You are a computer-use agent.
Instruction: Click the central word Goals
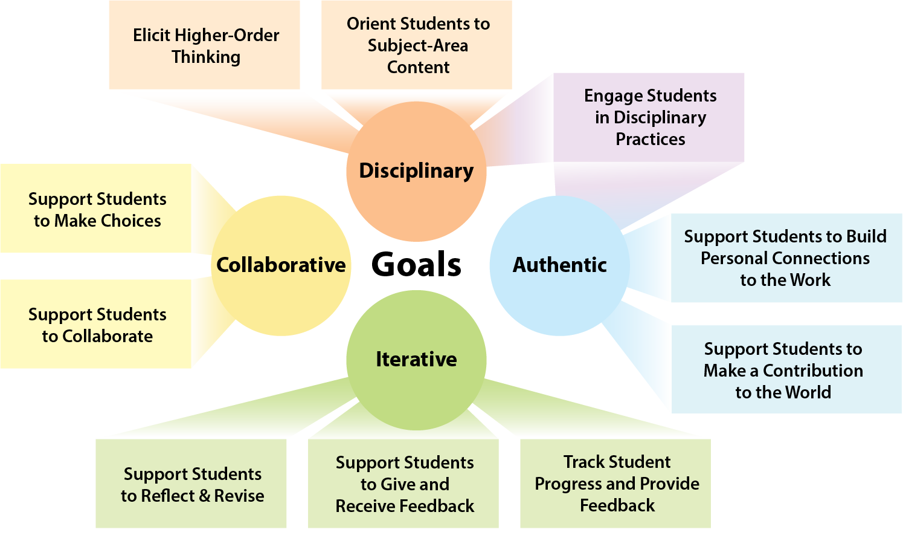pyautogui.click(x=416, y=265)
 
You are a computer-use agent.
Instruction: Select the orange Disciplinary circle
pyautogui.click(x=416, y=171)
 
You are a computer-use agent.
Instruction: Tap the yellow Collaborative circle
pyautogui.click(x=281, y=265)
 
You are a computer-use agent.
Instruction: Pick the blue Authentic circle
pyautogui.click(x=559, y=265)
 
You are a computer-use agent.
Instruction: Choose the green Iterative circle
pyautogui.click(x=416, y=359)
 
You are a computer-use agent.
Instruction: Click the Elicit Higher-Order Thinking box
pyautogui.click(x=205, y=46)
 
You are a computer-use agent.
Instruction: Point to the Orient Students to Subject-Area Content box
pyautogui.click(x=417, y=45)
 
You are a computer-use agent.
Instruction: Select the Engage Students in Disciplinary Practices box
pyautogui.click(x=650, y=117)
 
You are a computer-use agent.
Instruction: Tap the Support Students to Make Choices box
pyautogui.click(x=97, y=209)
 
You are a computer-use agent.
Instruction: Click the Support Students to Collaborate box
pyautogui.click(x=97, y=325)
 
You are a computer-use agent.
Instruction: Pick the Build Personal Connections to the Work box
pyautogui.click(x=785, y=258)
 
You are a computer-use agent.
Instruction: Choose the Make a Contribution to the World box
pyautogui.click(x=783, y=370)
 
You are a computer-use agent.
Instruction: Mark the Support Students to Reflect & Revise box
pyautogui.click(x=192, y=484)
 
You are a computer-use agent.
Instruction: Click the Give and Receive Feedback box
pyautogui.click(x=404, y=484)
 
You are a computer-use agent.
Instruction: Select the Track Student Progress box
pyautogui.click(x=616, y=484)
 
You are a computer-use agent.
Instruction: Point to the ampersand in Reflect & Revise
pyautogui.click(x=204, y=496)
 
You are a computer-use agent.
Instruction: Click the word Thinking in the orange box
pyautogui.click(x=206, y=57)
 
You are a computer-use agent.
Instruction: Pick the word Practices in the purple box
pyautogui.click(x=651, y=140)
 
